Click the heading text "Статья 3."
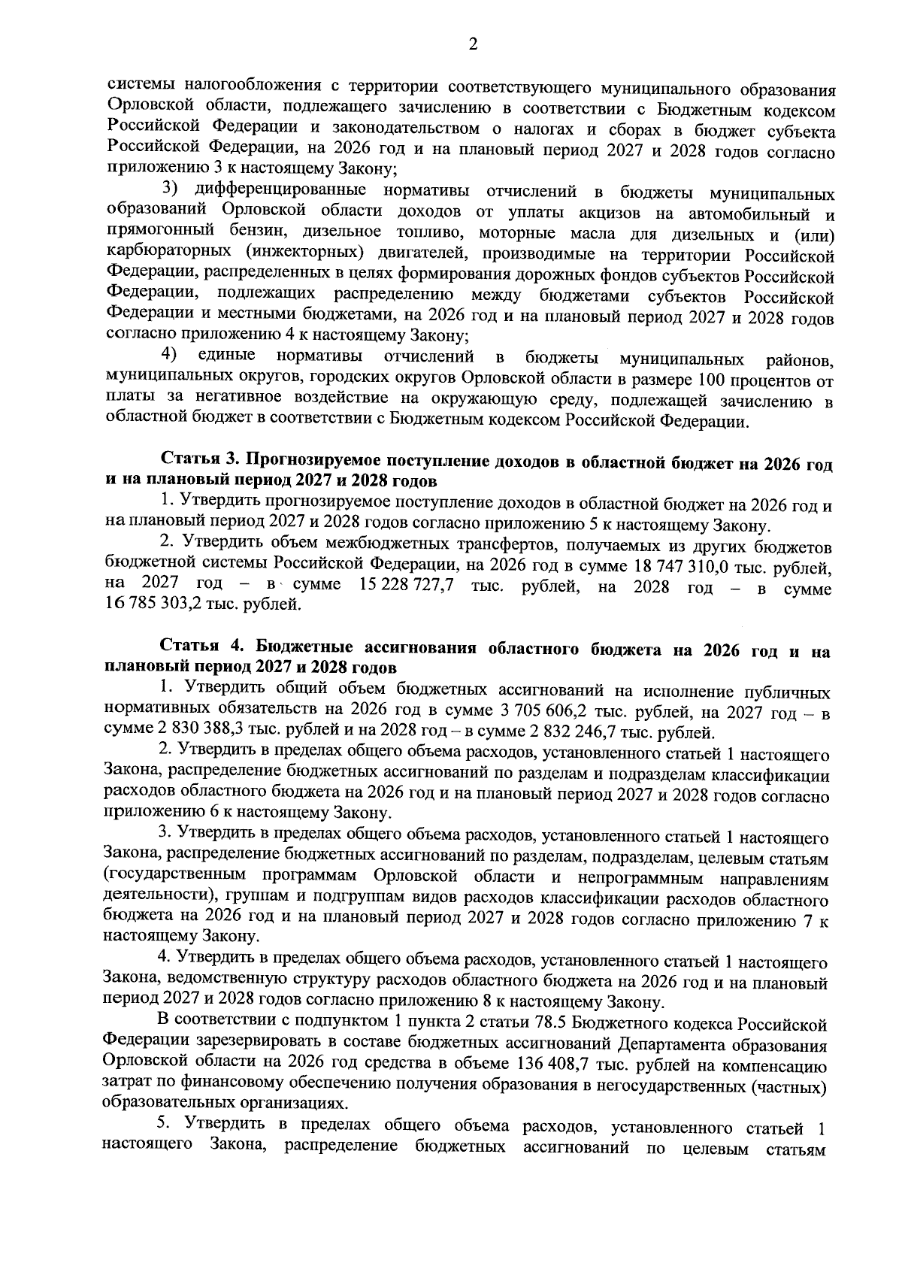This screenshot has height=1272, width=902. point(199,462)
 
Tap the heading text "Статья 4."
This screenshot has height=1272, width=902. point(203,650)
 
